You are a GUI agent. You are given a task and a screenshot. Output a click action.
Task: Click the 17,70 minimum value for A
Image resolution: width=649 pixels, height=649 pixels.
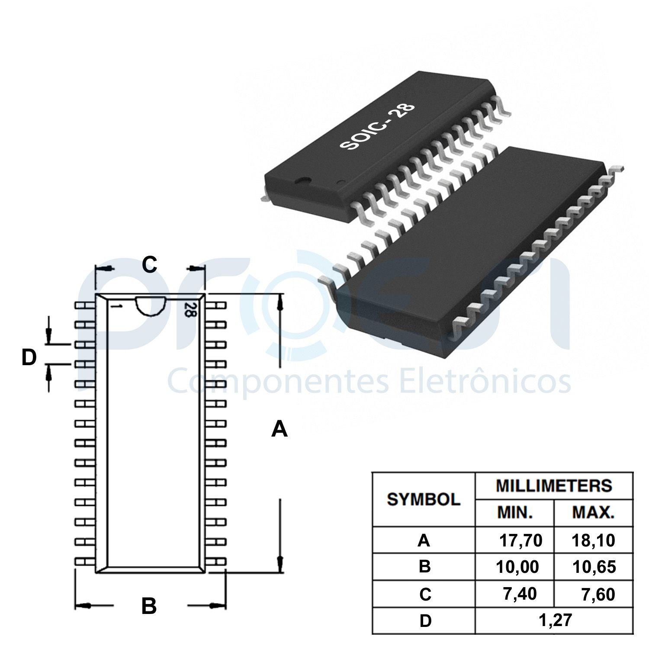(520, 540)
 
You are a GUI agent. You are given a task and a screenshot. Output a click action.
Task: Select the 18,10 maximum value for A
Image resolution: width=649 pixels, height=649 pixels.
(593, 540)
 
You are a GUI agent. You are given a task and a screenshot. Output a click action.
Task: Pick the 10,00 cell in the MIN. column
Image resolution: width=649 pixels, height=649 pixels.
(517, 567)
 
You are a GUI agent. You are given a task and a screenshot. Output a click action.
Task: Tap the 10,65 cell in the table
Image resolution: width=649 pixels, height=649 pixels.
(594, 567)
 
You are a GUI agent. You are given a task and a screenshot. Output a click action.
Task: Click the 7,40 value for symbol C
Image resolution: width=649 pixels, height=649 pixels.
(520, 594)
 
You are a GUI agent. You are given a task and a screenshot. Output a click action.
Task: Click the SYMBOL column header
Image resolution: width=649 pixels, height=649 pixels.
(423, 499)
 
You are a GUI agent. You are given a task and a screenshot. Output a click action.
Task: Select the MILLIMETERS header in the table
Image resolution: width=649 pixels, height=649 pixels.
(554, 485)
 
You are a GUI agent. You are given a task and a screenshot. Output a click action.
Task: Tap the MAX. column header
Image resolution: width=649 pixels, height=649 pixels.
(593, 513)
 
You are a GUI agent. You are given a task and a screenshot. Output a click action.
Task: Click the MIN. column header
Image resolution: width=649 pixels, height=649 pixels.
(515, 513)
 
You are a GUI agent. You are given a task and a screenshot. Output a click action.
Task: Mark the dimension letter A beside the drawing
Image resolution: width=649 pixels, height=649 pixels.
(280, 430)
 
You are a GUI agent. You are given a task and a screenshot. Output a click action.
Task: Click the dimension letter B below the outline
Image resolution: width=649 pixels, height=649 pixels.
(149, 606)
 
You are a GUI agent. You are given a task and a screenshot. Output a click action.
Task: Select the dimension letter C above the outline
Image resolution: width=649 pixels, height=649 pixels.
(149, 265)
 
